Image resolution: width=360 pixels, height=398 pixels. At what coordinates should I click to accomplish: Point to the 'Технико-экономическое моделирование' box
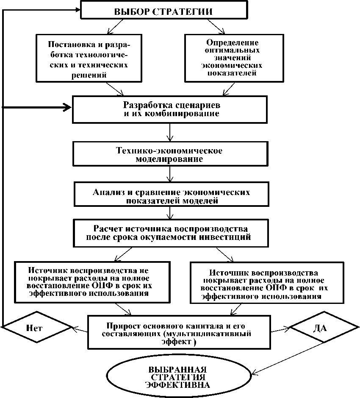pos(169,155)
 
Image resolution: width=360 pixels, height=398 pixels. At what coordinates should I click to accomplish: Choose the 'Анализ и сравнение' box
pos(171,195)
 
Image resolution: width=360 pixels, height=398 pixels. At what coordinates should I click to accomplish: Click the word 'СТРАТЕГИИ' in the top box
pos(187,11)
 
